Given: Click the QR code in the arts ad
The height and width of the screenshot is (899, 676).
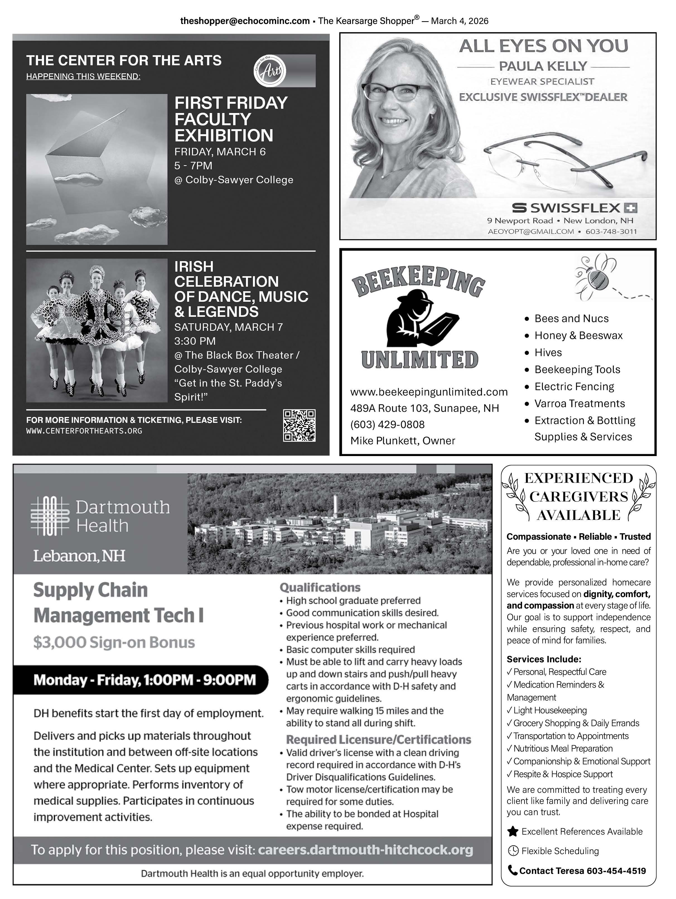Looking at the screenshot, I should [x=299, y=425].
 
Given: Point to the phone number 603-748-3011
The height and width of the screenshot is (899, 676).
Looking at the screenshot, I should [x=611, y=231].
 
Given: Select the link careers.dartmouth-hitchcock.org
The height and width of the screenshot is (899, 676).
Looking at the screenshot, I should [x=365, y=850].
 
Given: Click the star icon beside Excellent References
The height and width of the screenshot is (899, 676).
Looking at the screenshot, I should [x=513, y=832].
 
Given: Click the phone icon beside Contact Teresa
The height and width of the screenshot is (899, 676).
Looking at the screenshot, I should [x=513, y=871].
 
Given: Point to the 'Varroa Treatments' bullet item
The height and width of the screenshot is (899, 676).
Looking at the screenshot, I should [x=579, y=404].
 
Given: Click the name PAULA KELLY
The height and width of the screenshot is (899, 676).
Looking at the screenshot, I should [x=543, y=66].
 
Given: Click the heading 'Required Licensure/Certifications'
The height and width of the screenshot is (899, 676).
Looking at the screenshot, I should [x=378, y=739].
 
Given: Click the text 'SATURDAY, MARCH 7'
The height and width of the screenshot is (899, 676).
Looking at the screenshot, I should [x=228, y=327].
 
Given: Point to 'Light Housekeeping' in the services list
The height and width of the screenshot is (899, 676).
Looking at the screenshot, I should [x=550, y=710].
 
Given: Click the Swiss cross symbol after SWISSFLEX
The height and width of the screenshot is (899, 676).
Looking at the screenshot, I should [x=631, y=208].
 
